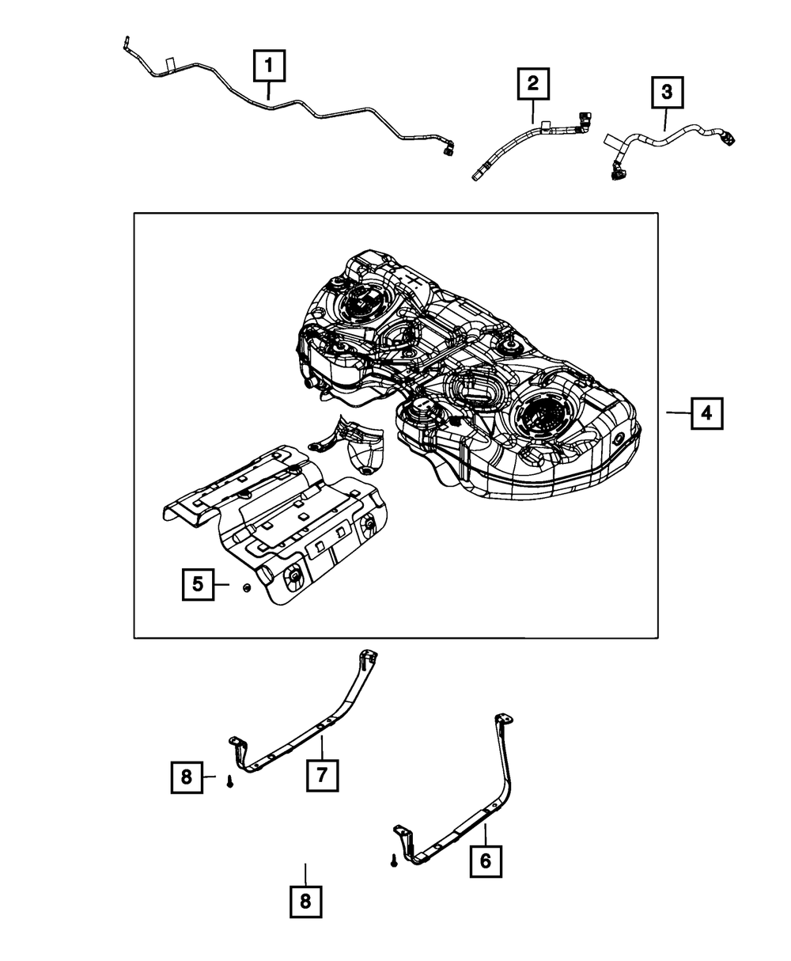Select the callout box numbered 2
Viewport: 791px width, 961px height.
(x=533, y=82)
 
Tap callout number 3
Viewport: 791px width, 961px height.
(x=666, y=93)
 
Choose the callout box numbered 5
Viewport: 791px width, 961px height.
(x=197, y=585)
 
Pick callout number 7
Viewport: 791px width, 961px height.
(x=322, y=776)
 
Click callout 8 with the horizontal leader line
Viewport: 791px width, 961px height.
(x=187, y=777)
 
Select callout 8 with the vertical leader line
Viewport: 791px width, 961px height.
(x=305, y=902)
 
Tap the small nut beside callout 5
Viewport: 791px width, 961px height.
(x=245, y=587)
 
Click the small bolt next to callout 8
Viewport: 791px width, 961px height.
(x=229, y=782)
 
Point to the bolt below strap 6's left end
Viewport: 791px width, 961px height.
(x=393, y=861)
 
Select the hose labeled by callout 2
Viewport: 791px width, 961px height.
(x=514, y=142)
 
